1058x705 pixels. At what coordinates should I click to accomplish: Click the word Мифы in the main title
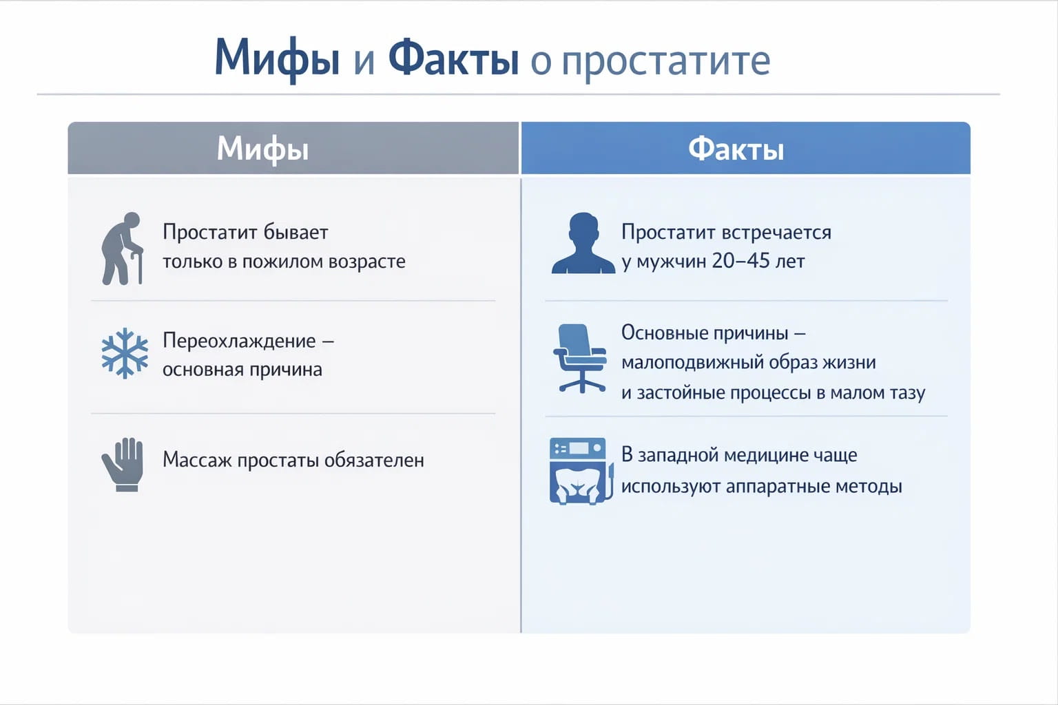coord(277,59)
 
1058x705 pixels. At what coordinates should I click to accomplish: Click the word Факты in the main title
coord(453,59)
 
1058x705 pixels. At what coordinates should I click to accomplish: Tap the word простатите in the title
coord(665,61)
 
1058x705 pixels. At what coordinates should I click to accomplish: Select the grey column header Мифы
coord(262,148)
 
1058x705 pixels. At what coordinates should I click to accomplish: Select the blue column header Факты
coord(736,149)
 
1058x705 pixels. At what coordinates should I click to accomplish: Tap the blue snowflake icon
coord(125,353)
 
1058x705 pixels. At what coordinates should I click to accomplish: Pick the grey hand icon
coord(123,464)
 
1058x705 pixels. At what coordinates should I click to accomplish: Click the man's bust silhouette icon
coord(583,244)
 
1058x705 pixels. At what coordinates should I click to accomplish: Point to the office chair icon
coord(580,358)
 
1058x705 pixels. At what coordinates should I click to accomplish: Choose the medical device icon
coord(580,471)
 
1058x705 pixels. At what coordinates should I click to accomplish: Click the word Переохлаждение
coord(239,341)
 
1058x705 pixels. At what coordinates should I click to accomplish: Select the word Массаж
coord(197,460)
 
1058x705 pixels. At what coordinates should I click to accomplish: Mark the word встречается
coord(777,233)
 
